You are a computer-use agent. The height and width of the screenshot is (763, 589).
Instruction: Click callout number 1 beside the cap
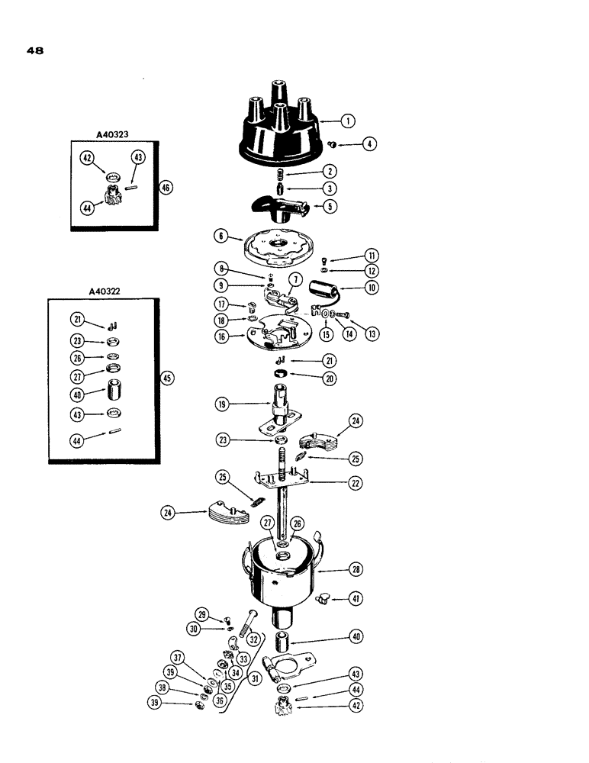348,121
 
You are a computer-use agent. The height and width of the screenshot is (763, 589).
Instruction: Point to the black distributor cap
279,131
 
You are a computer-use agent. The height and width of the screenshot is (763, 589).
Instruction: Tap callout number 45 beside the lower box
167,378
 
